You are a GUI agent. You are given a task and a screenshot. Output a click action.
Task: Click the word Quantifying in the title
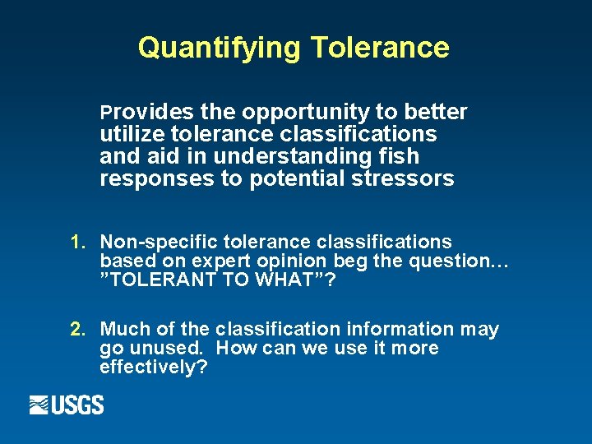point(220,48)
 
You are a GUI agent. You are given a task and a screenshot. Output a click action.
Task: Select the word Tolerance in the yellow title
point(380,48)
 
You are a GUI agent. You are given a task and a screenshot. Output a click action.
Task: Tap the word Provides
point(147,112)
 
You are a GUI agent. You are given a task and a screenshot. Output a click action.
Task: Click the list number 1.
point(78,242)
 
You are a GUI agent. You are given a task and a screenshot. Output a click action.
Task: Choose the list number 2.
point(78,330)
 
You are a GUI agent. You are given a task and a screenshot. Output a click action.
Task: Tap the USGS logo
point(67,405)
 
